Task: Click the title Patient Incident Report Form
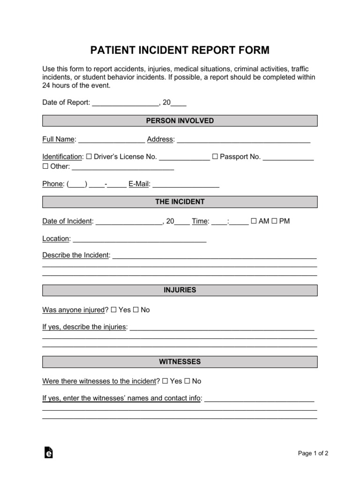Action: click(x=180, y=50)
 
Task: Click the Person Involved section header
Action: click(x=180, y=121)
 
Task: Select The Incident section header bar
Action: click(x=180, y=202)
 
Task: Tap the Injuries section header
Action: click(x=180, y=290)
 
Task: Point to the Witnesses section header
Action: click(x=180, y=362)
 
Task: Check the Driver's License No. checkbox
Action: click(x=89, y=157)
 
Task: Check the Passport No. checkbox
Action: click(x=215, y=157)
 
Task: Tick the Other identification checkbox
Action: click(x=45, y=166)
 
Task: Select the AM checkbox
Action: click(x=254, y=221)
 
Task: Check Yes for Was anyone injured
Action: click(x=114, y=310)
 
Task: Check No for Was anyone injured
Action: click(x=136, y=310)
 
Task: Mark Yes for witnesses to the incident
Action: click(x=165, y=381)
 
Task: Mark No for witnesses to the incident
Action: click(x=187, y=381)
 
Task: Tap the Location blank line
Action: click(x=139, y=240)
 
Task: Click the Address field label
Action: click(x=161, y=139)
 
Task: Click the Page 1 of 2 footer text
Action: click(x=313, y=453)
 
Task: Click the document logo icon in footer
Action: click(x=48, y=452)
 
